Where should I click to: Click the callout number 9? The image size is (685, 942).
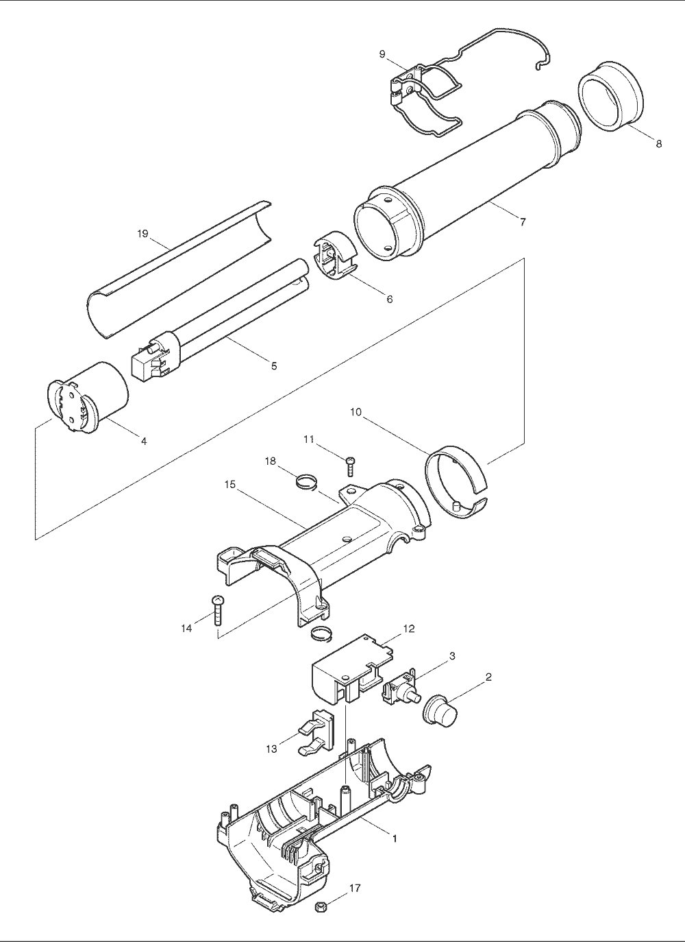click(382, 54)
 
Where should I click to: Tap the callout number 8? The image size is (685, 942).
click(658, 143)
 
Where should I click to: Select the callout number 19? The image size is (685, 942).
click(143, 233)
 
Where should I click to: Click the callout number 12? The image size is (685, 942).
click(408, 640)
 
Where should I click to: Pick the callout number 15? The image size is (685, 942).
click(230, 485)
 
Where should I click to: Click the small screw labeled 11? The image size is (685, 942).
click(349, 466)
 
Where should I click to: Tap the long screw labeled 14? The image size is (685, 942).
click(218, 615)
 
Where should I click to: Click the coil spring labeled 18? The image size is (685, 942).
click(306, 481)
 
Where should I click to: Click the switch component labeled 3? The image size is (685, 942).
click(401, 692)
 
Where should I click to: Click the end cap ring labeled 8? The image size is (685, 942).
click(610, 96)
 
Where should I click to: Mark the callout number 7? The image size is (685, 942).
click(523, 222)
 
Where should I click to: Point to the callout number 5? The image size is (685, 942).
click(274, 366)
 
